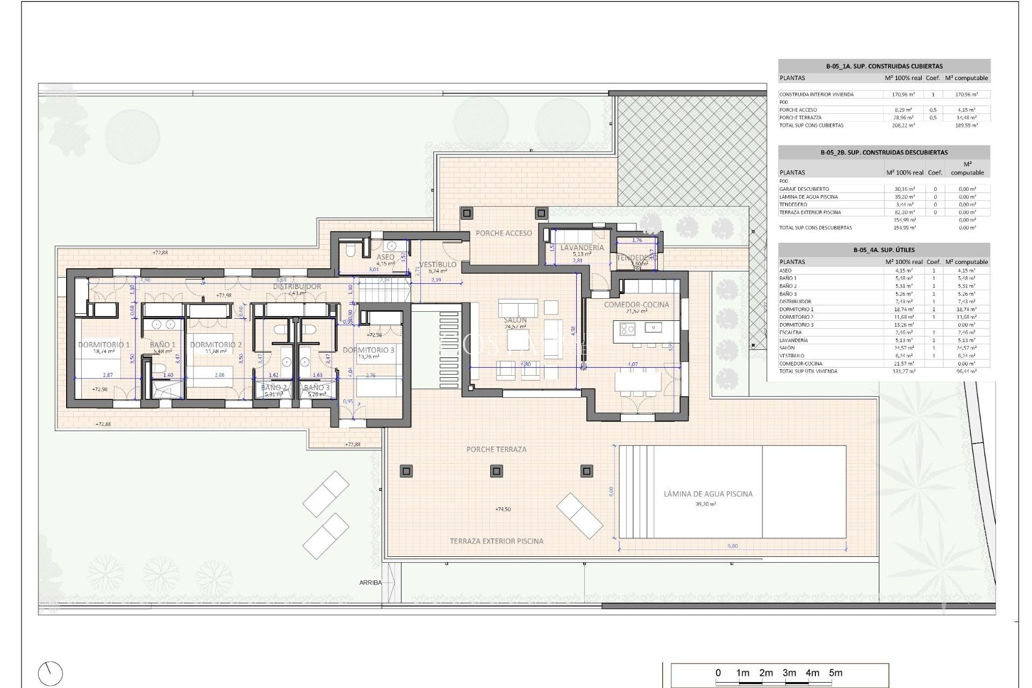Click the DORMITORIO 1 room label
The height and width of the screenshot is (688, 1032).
click(104, 345)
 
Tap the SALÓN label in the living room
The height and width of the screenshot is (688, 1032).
click(515, 320)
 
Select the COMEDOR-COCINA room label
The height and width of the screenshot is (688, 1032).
click(636, 304)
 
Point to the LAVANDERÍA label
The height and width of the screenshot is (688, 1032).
click(582, 248)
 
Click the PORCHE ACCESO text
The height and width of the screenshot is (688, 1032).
click(504, 233)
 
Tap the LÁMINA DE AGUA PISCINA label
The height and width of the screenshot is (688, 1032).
click(708, 493)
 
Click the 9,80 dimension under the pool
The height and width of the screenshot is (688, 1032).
click(732, 546)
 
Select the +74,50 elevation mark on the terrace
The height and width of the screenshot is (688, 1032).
click(503, 509)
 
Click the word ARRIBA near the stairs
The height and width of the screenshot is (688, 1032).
click(370, 583)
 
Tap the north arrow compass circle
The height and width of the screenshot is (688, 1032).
click(51, 673)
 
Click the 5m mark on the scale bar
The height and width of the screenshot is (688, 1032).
click(835, 673)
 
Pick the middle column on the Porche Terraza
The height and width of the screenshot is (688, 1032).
click(496, 471)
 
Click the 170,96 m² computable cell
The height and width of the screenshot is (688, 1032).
click(966, 95)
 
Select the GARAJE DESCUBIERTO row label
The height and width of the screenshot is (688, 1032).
click(804, 189)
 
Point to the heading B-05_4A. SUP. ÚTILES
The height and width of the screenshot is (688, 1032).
click(884, 250)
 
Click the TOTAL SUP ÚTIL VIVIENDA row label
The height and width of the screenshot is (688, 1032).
click(808, 371)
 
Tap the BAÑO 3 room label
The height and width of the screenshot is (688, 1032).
click(317, 388)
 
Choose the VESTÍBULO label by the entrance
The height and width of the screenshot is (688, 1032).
click(438, 264)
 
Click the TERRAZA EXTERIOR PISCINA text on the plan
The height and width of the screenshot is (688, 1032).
click(496, 541)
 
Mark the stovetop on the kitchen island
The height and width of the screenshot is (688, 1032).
click(627, 328)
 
